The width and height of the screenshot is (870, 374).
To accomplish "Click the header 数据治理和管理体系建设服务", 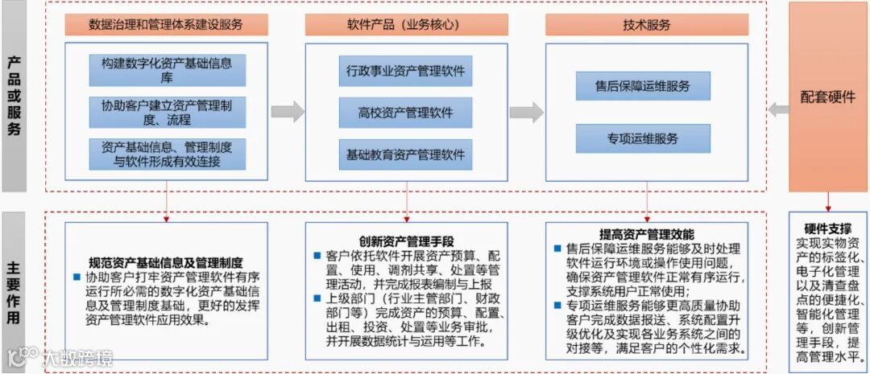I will (166, 25).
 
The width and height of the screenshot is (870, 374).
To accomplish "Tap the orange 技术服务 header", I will (646, 25).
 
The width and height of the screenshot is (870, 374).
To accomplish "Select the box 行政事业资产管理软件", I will (405, 71).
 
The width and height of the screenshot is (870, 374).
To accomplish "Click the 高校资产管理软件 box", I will (405, 113).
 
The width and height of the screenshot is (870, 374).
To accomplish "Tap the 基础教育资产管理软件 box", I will (405, 154).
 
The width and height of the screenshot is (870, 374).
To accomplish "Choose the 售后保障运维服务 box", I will (643, 86).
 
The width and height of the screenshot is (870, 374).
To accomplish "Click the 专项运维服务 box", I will (643, 138).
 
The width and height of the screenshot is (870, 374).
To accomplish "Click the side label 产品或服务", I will (14, 96).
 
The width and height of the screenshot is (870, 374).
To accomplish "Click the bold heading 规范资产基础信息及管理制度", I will (166, 262).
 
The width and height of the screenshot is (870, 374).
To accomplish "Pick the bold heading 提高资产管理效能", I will (646, 235).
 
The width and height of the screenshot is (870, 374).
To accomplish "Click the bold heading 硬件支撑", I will (827, 228).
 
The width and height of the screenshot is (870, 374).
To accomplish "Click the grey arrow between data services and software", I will (287, 112).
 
